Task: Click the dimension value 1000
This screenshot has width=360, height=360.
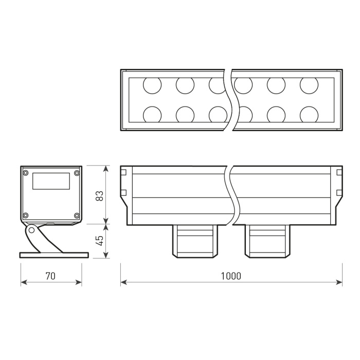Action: click(x=231, y=276)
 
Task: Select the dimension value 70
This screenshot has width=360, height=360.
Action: click(x=50, y=276)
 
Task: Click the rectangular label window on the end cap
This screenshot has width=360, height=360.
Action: click(x=51, y=181)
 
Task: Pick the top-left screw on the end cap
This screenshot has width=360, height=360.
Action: click(x=25, y=173)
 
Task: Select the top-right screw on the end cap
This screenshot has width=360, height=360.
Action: click(x=77, y=173)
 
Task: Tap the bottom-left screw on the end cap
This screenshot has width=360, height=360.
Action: click(x=25, y=215)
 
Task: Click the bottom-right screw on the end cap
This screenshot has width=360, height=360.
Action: click(x=77, y=215)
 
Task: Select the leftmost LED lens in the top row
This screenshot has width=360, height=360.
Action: click(x=152, y=85)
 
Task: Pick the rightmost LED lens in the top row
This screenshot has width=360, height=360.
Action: click(x=309, y=85)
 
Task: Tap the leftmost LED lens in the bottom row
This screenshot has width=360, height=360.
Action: click(x=152, y=114)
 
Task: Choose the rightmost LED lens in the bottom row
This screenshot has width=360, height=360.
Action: click(x=309, y=114)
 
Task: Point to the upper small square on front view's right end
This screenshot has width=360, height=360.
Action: click(x=338, y=172)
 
